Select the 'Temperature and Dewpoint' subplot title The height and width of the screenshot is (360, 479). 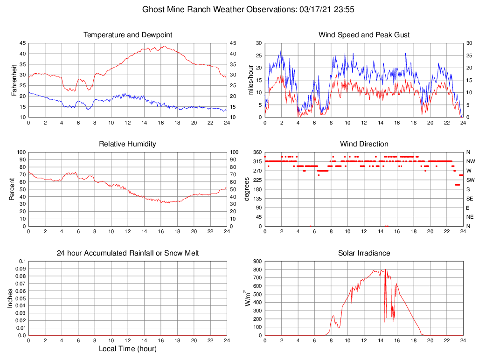pyautogui.click(x=127, y=35)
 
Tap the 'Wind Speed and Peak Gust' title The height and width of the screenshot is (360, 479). pyautogui.click(x=364, y=35)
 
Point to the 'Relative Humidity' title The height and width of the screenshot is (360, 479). pyautogui.click(x=127, y=144)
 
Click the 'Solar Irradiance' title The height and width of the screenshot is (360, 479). pyautogui.click(x=364, y=253)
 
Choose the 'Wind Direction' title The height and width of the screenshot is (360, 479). pyautogui.click(x=364, y=144)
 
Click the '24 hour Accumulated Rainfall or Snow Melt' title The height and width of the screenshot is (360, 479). pyautogui.click(x=127, y=253)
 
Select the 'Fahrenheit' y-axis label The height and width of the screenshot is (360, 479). pyautogui.click(x=14, y=80)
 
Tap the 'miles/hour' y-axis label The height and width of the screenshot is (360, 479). pyautogui.click(x=250, y=80)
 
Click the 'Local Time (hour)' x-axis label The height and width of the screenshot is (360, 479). pyautogui.click(x=127, y=349)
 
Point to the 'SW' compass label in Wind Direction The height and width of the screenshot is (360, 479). pyautogui.click(x=470, y=180)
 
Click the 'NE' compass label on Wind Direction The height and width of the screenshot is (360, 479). pyautogui.click(x=470, y=217)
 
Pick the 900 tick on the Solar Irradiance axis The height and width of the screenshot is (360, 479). pyautogui.click(x=257, y=261)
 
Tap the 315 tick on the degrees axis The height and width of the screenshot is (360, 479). pyautogui.click(x=257, y=161)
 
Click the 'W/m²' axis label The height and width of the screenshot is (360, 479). pyautogui.click(x=247, y=298)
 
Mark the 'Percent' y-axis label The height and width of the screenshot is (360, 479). pyautogui.click(x=11, y=189)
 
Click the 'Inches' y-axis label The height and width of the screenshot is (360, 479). pyautogui.click(x=10, y=298)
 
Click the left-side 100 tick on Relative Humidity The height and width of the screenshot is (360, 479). pyautogui.click(x=20, y=152)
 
